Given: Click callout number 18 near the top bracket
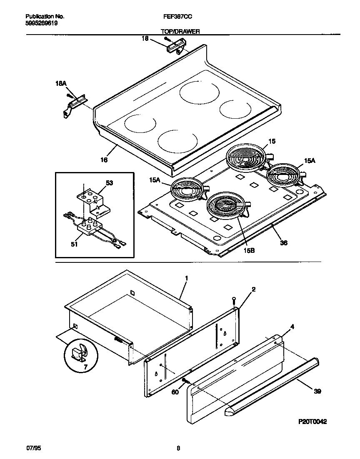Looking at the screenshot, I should [145, 38].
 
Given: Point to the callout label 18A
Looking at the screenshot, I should [61, 84].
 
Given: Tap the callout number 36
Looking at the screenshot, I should [283, 242].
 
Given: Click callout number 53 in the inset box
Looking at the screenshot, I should [110, 183].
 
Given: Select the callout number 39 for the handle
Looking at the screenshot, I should [318, 391].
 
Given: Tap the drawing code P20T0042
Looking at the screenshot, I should [312, 422].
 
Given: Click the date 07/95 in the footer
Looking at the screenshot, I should [32, 448].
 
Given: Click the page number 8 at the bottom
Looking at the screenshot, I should [178, 448].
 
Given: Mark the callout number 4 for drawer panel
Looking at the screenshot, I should [292, 327].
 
